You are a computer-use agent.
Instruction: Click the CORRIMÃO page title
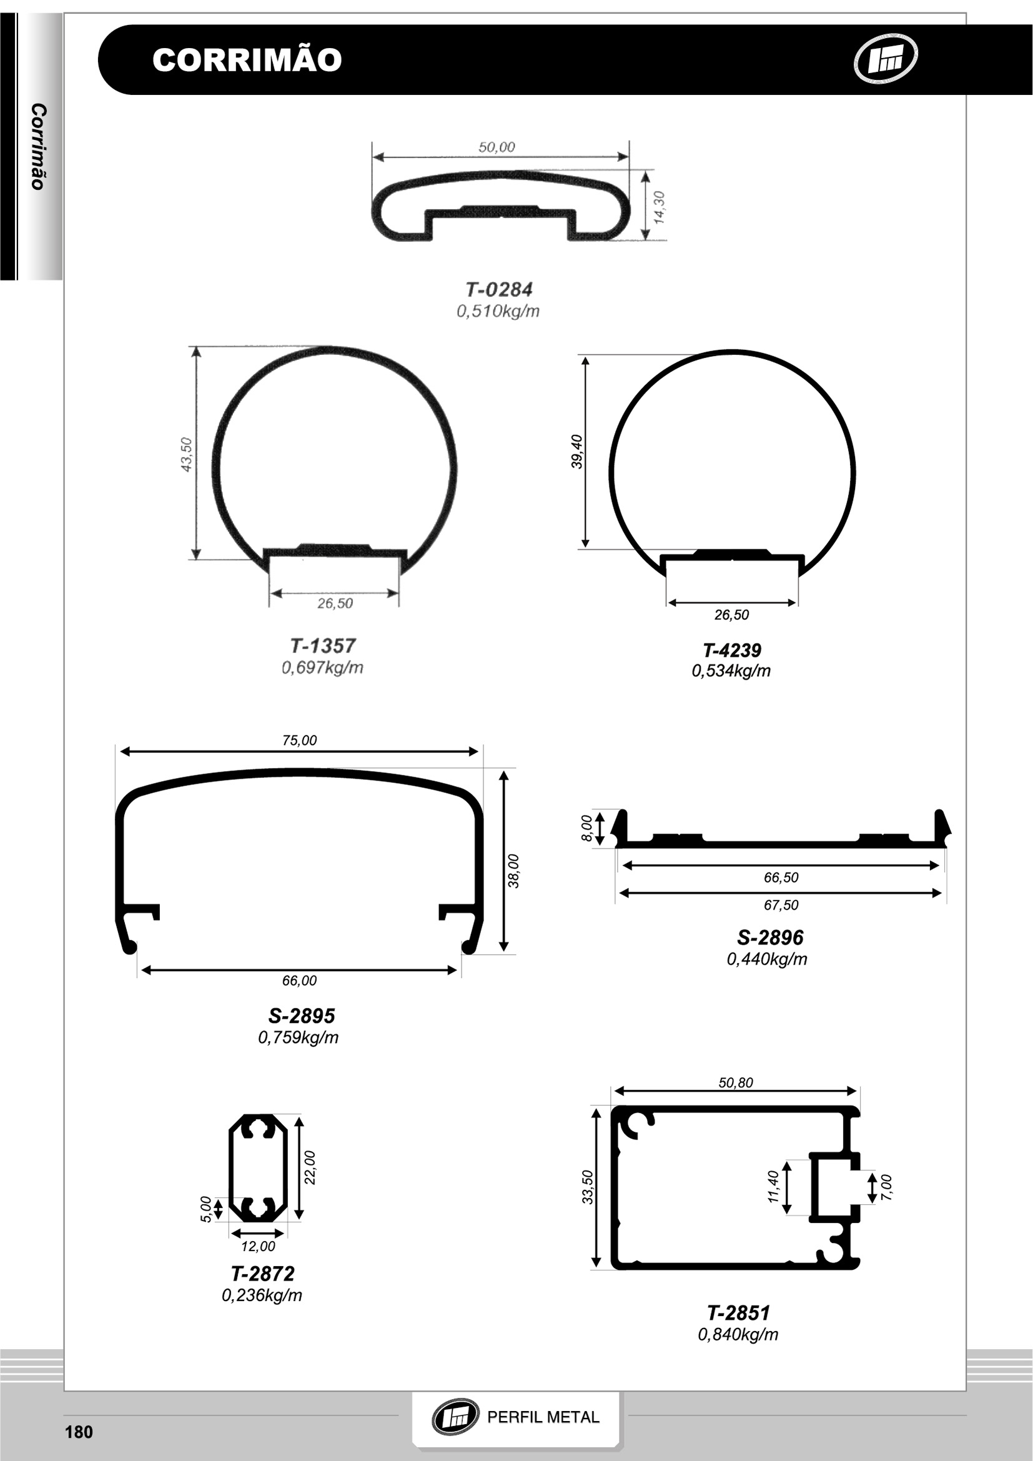point(247,60)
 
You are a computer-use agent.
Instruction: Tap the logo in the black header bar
point(885,58)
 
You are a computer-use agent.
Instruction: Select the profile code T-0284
point(498,289)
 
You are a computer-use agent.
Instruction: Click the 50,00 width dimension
point(497,147)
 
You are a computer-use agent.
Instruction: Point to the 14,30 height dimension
point(659,206)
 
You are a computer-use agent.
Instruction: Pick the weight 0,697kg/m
point(322,667)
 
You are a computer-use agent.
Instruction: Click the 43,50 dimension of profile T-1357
point(186,454)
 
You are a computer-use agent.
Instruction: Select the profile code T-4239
point(731,651)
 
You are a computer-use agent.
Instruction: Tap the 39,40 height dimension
point(576,452)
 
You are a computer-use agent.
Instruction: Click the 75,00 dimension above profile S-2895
point(299,740)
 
